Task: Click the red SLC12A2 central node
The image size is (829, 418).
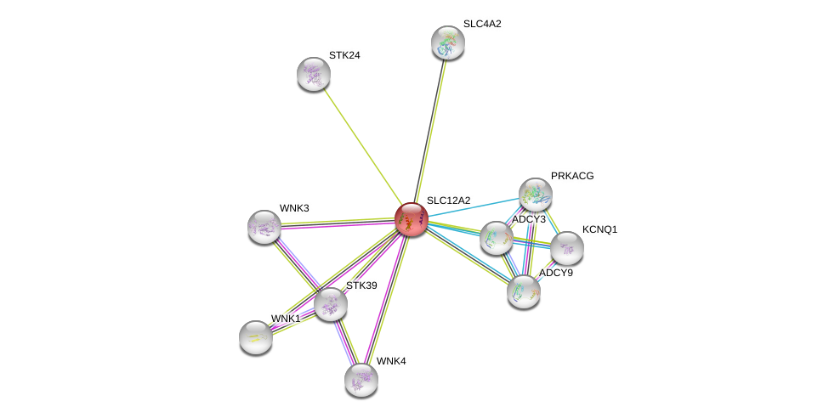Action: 412,219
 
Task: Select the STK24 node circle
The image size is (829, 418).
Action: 314,74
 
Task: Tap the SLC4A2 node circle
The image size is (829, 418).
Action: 447,42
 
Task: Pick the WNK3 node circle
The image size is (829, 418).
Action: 264,227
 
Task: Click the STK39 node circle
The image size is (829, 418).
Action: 330,303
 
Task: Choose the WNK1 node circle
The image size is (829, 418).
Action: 256,337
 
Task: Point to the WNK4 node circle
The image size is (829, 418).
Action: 361,379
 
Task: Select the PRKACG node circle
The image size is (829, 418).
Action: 536,195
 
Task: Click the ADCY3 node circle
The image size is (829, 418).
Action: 496,237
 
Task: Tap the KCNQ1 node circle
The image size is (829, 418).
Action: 566,248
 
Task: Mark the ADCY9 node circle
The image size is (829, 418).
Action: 524,291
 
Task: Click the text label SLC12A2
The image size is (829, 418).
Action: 448,201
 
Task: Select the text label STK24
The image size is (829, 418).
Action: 344,55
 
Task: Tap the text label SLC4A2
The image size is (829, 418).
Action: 481,24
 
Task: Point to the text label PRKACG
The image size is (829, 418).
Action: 572,176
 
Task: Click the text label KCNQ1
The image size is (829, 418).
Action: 599,229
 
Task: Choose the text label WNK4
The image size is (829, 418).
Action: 391,361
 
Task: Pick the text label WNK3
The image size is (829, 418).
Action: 294,208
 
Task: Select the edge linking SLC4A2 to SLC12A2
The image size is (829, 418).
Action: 429,130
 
